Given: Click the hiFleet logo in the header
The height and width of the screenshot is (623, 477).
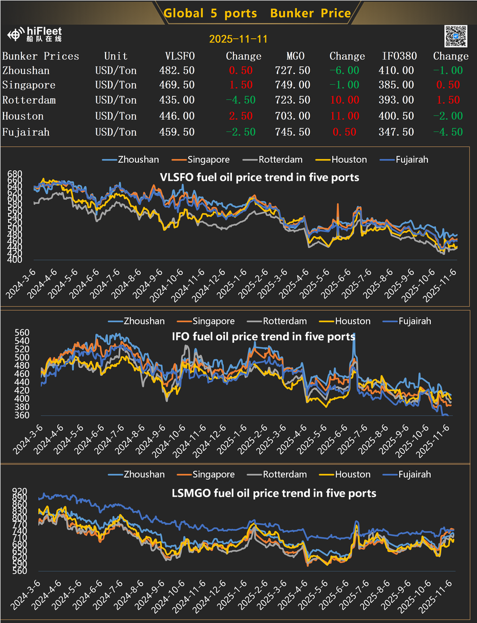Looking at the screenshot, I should click(x=36, y=35).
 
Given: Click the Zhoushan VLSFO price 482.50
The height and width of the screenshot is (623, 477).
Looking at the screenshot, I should click(x=176, y=70).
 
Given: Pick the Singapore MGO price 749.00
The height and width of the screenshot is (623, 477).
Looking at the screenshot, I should click(x=298, y=85).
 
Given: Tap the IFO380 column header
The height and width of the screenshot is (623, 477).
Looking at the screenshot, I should click(x=398, y=56).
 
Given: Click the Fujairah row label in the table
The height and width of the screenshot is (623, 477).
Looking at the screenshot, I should click(x=26, y=132).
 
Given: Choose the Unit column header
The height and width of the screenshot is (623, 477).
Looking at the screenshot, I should click(x=116, y=56).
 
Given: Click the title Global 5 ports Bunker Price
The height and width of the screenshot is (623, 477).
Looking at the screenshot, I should click(x=257, y=13).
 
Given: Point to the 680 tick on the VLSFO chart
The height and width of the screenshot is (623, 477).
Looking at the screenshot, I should click(x=14, y=173).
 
